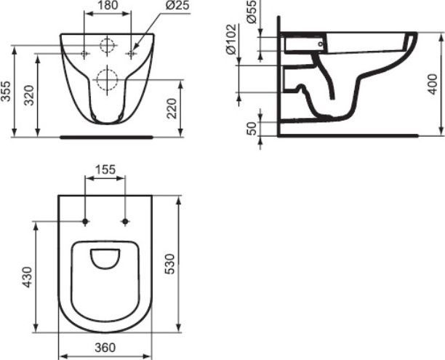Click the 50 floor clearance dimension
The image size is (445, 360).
pyautogui.click(x=252, y=128)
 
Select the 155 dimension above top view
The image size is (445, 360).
pyautogui.click(x=106, y=169)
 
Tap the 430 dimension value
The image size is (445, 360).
pyautogui.click(x=27, y=277)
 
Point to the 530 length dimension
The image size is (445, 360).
pyautogui.click(x=168, y=263)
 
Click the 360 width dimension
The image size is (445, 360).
pyautogui.click(x=106, y=348)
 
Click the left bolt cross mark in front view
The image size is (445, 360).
pyautogui.click(x=85, y=54)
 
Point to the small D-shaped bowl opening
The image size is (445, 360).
pyautogui.click(x=106, y=257)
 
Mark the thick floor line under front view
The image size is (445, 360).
pyautogui.click(x=106, y=136)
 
